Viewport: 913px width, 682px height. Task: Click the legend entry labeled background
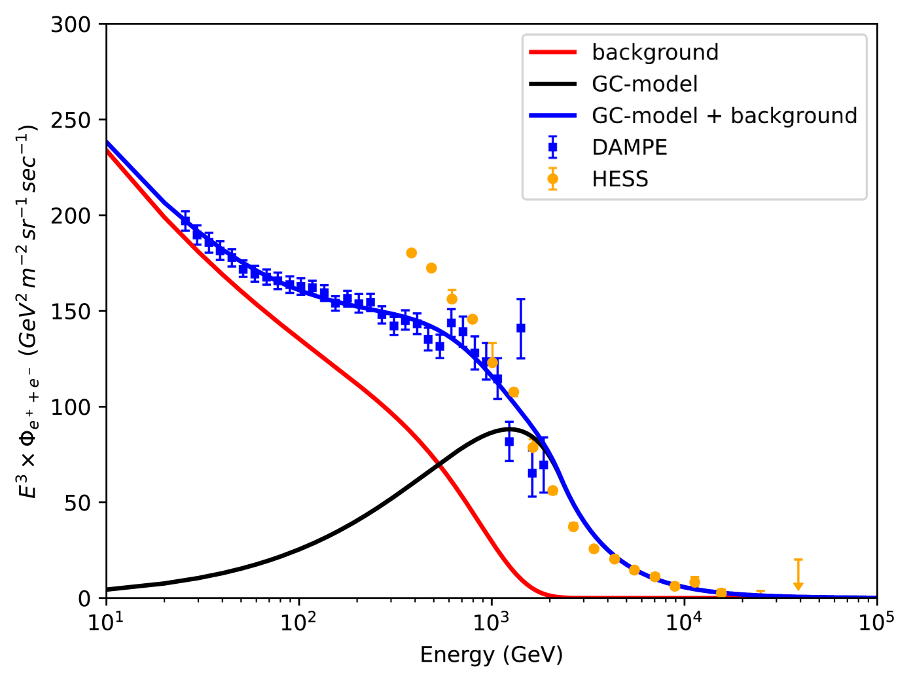coord(655,52)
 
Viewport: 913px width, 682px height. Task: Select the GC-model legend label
coord(645,84)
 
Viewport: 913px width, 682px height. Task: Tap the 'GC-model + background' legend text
coord(725,116)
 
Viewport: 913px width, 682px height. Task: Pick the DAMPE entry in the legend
coord(630,147)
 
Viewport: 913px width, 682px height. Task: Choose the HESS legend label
coord(620,179)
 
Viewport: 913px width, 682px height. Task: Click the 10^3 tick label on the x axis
coord(491,621)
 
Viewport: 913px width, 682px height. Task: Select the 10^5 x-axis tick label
coord(876,621)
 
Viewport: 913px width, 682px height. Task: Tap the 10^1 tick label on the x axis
coord(106,621)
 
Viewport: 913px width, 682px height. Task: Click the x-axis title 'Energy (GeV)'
coord(492,655)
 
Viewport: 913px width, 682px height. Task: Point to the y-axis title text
coord(28,311)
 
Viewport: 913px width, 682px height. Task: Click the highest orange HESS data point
coord(411,253)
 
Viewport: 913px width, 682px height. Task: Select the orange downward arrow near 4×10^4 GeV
coord(798,584)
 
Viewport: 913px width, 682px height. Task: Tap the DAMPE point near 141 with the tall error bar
coord(521,328)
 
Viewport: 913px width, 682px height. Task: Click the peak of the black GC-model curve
coord(509,429)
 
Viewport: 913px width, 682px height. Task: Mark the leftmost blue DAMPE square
coord(185,221)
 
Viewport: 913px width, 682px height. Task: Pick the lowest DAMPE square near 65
coord(532,473)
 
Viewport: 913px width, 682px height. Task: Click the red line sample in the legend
coord(552,52)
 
